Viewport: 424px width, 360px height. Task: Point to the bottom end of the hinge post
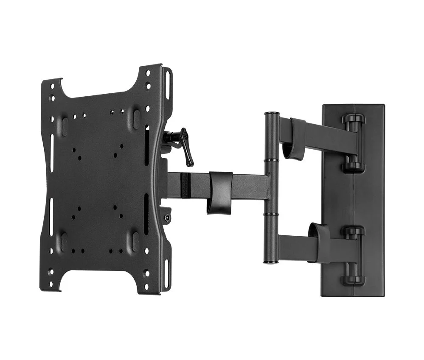point(270,262)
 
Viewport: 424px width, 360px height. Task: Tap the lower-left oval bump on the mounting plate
point(64,242)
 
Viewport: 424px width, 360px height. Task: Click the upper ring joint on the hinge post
point(271,160)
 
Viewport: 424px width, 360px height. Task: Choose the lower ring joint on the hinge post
point(271,215)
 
